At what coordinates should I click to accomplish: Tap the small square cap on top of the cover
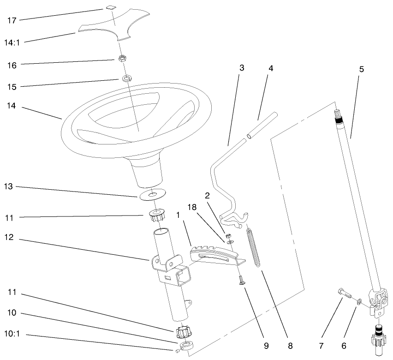pyautogui.click(x=109, y=7)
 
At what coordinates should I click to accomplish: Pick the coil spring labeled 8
pyautogui.click(x=255, y=247)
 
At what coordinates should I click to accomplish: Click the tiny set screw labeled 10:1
pyautogui.click(x=178, y=353)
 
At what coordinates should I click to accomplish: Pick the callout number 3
pyautogui.click(x=241, y=68)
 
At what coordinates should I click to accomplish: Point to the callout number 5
pyautogui.click(x=361, y=69)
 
